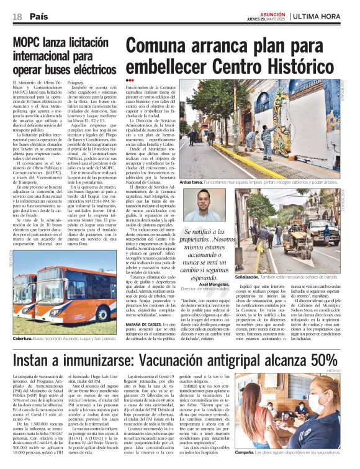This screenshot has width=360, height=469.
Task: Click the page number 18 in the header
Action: [17, 16]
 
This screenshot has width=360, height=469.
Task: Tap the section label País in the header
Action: [38, 16]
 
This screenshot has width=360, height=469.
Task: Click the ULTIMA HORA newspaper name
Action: [326, 16]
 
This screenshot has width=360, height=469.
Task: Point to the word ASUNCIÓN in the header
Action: [271, 12]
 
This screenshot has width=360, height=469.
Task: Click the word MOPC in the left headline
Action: [29, 42]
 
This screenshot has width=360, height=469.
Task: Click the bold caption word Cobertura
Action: [24, 339]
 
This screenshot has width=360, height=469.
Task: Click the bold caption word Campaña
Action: [248, 452]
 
